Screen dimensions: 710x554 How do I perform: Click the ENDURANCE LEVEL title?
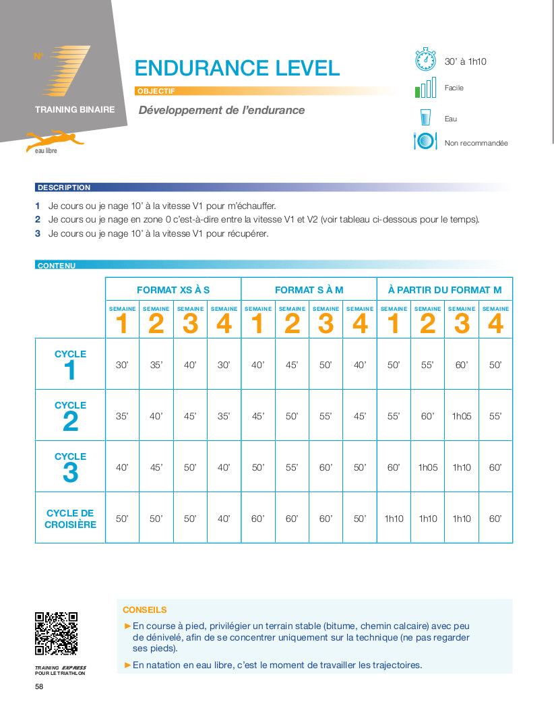pos(237,68)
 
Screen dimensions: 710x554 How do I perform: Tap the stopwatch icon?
pos(425,59)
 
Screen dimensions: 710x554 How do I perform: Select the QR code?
pos(56,633)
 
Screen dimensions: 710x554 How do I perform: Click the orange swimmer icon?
pos(54,140)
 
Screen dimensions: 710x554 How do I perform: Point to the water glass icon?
pos(425,118)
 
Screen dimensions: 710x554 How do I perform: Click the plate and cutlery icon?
pos(425,142)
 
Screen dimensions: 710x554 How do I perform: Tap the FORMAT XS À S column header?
pos(173,290)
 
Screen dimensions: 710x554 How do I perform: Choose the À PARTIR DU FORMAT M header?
pos(445,290)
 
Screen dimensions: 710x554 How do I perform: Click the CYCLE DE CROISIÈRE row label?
pos(70,519)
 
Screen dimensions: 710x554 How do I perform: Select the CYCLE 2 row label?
pos(70,416)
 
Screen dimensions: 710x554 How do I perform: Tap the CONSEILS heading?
pos(145,610)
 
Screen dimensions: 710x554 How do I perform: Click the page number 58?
pos(40,686)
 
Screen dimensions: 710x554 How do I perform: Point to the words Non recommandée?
pos(476,143)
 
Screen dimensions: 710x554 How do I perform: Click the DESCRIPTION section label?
pos(64,187)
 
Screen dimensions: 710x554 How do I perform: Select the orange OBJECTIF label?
pos(156,91)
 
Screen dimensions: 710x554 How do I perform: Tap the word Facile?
pos(454,88)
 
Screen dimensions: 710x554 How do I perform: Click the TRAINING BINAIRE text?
pos(75,109)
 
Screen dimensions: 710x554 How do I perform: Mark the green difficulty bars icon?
pos(425,90)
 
